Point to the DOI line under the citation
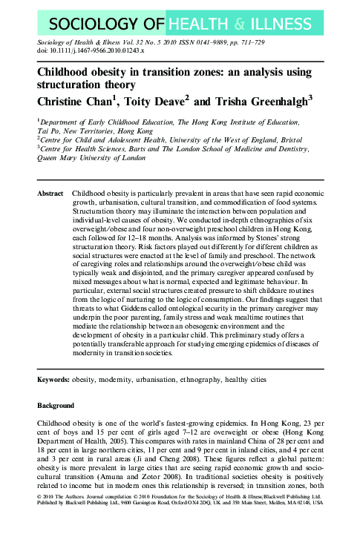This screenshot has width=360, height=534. click(x=91, y=52)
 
